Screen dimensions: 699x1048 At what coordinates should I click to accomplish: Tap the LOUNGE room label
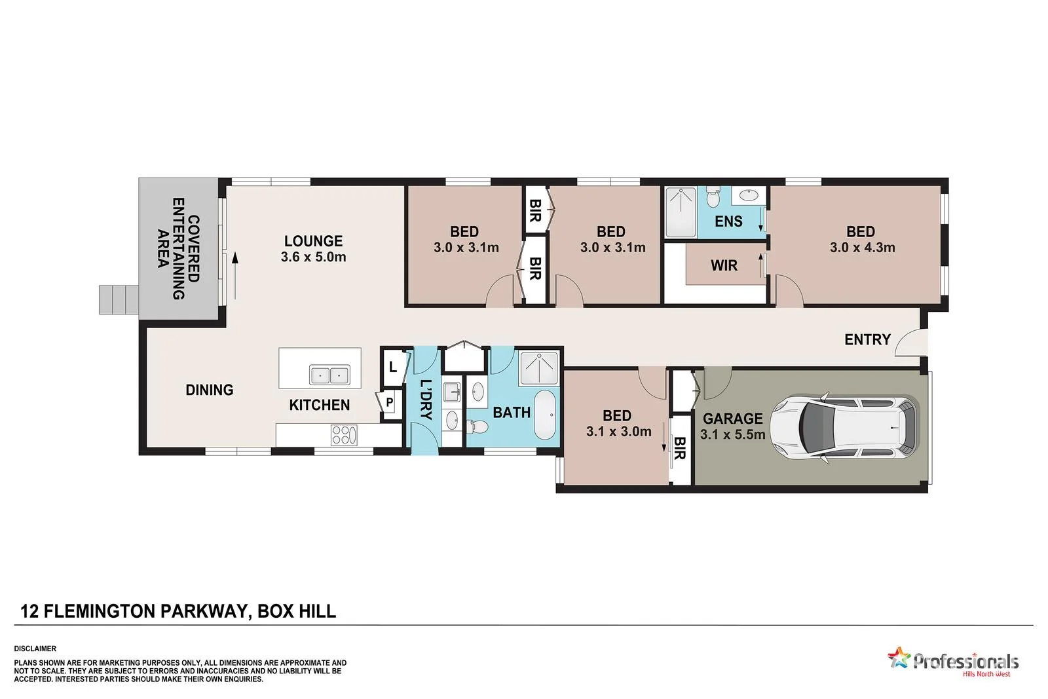point(313,241)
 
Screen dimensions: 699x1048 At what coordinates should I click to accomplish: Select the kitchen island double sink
point(329,375)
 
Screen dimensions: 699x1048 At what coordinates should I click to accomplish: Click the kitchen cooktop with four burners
point(345,435)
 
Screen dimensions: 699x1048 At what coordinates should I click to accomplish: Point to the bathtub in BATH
point(545,415)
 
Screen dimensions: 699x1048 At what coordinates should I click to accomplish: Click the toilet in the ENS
point(715,196)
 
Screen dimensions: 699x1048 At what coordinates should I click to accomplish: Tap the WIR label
point(724,265)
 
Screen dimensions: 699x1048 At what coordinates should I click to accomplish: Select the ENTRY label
point(867,339)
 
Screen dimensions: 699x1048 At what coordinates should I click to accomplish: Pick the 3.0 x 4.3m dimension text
point(862,248)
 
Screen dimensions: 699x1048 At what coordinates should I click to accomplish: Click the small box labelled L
point(392,367)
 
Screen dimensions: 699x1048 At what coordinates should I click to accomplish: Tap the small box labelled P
point(389,402)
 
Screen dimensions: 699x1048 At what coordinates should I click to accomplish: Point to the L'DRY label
point(426,399)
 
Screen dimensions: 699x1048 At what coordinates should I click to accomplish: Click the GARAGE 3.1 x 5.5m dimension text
point(732,434)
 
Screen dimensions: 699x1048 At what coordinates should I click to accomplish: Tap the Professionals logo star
point(899,657)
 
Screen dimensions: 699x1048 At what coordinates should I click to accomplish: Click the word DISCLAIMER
point(35,649)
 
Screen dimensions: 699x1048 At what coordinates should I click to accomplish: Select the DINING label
point(209,390)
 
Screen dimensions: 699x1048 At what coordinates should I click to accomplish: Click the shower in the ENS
point(681,212)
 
